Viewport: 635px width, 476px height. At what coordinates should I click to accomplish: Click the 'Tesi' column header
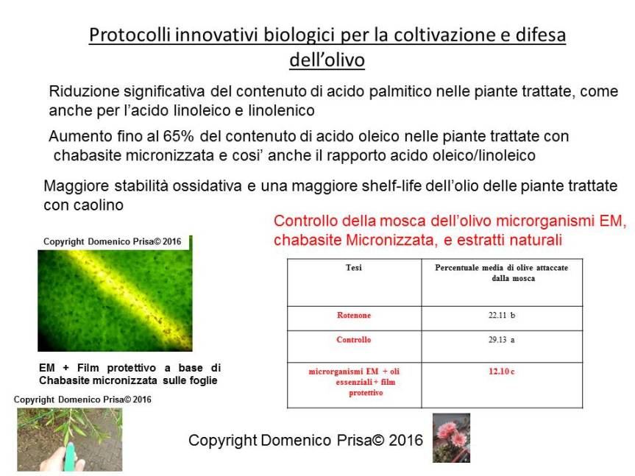(353, 268)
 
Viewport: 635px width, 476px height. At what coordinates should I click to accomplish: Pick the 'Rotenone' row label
(353, 316)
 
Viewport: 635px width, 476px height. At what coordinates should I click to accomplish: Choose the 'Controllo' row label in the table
(353, 340)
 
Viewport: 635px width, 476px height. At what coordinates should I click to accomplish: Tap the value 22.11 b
(502, 316)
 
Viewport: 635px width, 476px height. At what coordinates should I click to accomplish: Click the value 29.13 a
(502, 340)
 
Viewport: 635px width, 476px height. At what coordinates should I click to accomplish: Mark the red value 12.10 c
(502, 372)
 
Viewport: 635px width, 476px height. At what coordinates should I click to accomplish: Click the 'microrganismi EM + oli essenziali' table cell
(353, 382)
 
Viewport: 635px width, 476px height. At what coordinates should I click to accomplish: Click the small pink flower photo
(451, 438)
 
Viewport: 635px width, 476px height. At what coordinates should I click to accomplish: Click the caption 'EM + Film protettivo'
(130, 374)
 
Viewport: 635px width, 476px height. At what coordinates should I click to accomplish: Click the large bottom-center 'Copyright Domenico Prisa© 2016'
(305, 440)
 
